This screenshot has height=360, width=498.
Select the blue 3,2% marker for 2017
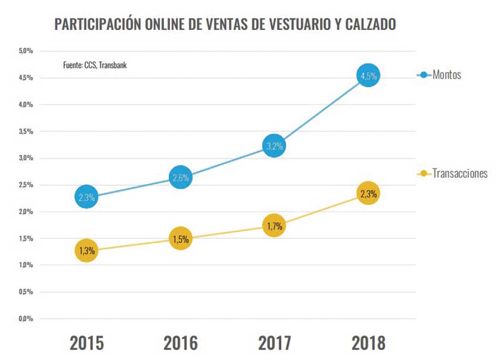274,146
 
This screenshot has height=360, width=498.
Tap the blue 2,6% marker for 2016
180,178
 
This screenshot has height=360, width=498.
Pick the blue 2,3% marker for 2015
86,197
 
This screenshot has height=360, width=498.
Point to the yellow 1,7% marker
274,226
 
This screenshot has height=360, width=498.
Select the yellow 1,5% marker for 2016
180,239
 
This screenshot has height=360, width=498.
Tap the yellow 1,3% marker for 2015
86,251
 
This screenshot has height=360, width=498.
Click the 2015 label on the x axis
87,342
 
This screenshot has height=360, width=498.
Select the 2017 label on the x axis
274,342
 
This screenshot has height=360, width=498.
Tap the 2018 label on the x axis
369,342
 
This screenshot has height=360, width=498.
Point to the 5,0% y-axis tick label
25,51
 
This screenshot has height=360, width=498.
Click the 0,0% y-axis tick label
25,319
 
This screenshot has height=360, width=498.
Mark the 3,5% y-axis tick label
25,132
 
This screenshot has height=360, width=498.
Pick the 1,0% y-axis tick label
25,265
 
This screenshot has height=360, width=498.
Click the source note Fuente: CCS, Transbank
95,65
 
